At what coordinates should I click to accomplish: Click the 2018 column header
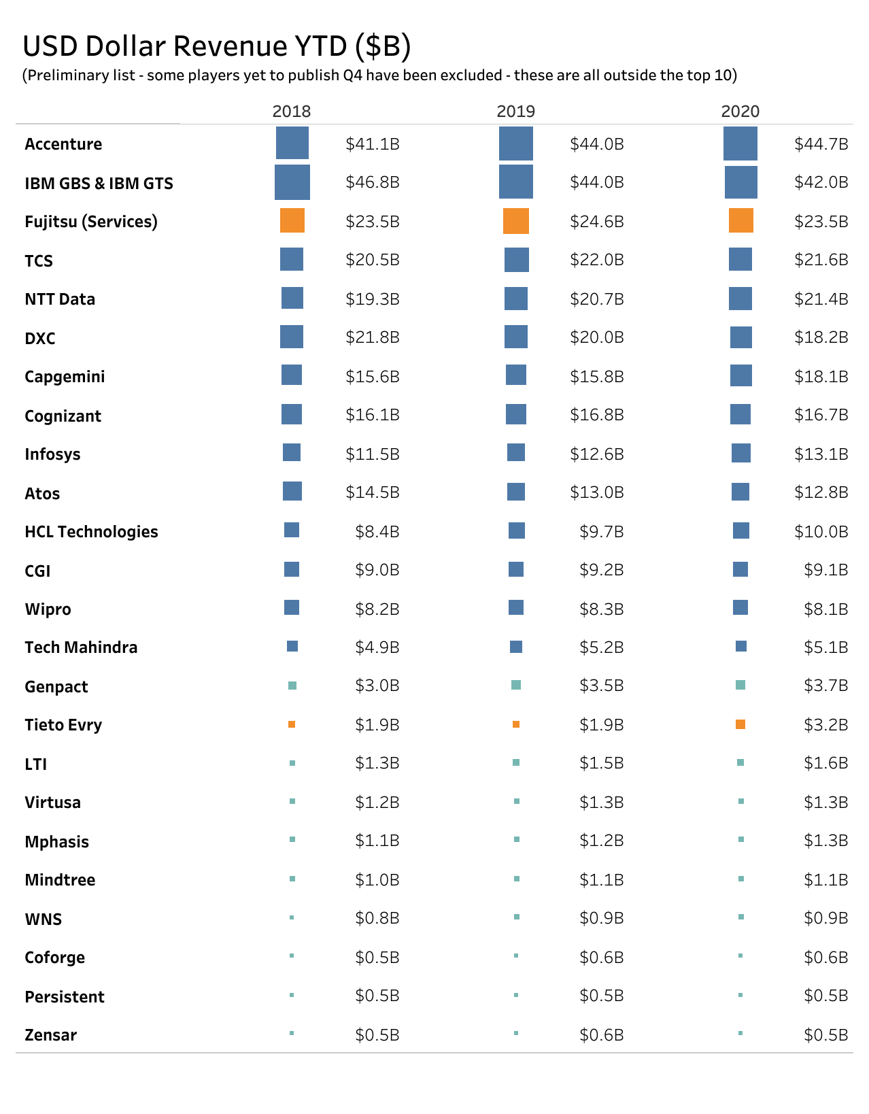pos(291,112)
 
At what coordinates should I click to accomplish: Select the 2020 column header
pos(740,112)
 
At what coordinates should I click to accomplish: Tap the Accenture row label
pos(63,144)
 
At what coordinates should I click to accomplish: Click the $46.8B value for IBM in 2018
pos(372,182)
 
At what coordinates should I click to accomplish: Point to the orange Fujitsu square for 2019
pos(516,221)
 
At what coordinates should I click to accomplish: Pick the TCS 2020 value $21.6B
pos(821,260)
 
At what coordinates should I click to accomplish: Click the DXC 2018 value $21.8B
pos(372,337)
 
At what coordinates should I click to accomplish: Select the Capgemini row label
pos(65,377)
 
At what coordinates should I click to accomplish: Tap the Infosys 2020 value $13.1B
pos(821,454)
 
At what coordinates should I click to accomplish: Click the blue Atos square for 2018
pos(292,491)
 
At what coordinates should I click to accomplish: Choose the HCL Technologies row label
pos(91,532)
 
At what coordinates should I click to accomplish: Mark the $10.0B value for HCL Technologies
pos(821,531)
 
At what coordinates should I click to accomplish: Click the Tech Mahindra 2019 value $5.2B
pos(601,647)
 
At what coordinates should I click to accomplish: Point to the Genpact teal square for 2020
pos(740,685)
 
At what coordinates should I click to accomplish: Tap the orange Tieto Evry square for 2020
pos(740,724)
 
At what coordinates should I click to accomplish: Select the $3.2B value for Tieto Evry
pos(825,724)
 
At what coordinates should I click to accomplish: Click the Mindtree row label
pos(60,880)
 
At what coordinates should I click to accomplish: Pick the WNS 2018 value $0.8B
pos(377,918)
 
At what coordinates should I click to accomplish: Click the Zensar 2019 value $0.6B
pos(601,1034)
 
